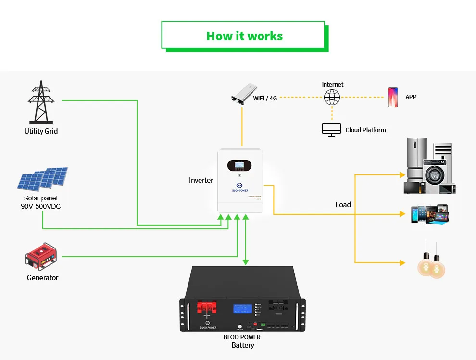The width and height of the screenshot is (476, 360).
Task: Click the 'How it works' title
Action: (244, 36)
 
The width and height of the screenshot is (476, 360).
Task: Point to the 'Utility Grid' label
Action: (41, 131)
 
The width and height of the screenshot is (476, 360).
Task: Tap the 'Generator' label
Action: (42, 278)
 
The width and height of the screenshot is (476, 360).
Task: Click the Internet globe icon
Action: (332, 98)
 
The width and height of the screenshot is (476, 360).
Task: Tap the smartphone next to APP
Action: (393, 97)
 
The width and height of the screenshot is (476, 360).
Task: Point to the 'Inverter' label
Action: (201, 180)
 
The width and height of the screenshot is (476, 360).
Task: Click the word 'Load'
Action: (343, 205)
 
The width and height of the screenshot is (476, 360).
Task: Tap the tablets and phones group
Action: (429, 214)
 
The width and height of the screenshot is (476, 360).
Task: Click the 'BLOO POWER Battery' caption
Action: (242, 341)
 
